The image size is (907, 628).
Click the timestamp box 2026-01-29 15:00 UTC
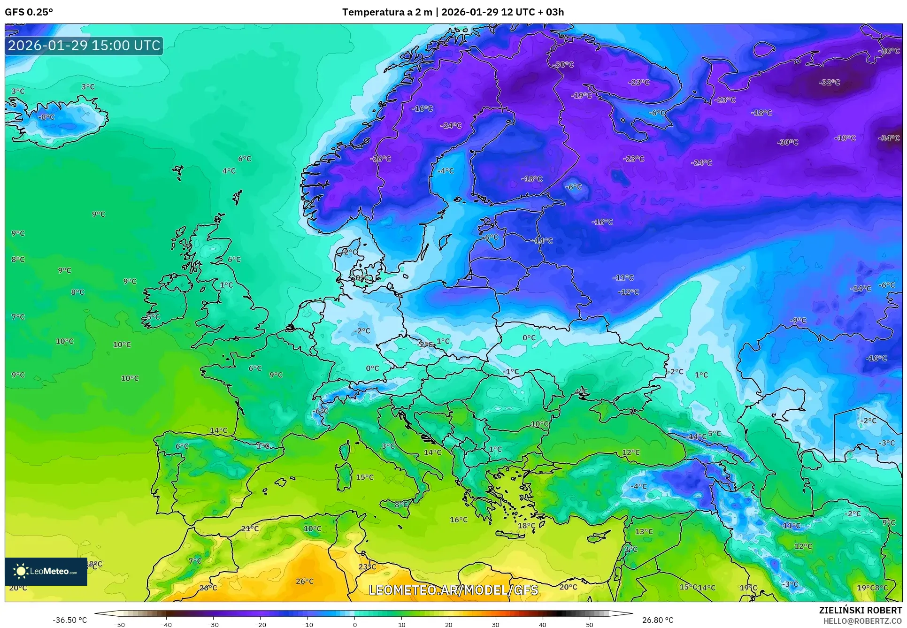click(x=84, y=46)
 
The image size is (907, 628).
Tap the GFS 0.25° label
click(x=29, y=12)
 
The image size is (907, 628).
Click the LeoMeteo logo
click(x=46, y=571)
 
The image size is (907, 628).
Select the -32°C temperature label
click(x=829, y=83)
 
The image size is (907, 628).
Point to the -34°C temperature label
click(x=889, y=138)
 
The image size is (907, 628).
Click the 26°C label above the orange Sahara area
click(x=304, y=581)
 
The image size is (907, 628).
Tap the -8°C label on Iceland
click(x=46, y=117)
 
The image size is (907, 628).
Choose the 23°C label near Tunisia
click(x=367, y=567)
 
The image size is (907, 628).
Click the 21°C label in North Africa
click(x=250, y=528)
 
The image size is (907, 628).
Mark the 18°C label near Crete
click(x=526, y=526)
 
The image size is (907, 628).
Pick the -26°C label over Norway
click(x=381, y=159)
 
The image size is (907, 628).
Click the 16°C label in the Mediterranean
click(x=459, y=520)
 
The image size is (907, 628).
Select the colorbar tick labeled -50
click(x=119, y=625)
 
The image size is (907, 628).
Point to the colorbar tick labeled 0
click(x=354, y=625)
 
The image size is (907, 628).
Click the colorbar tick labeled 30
click(x=496, y=625)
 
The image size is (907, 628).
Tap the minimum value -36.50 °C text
click(x=69, y=620)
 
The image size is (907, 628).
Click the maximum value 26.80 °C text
click(x=657, y=620)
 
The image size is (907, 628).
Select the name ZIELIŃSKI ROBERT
click(x=860, y=610)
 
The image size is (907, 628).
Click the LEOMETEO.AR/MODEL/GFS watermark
click(x=453, y=590)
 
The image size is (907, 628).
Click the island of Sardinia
click(x=344, y=475)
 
